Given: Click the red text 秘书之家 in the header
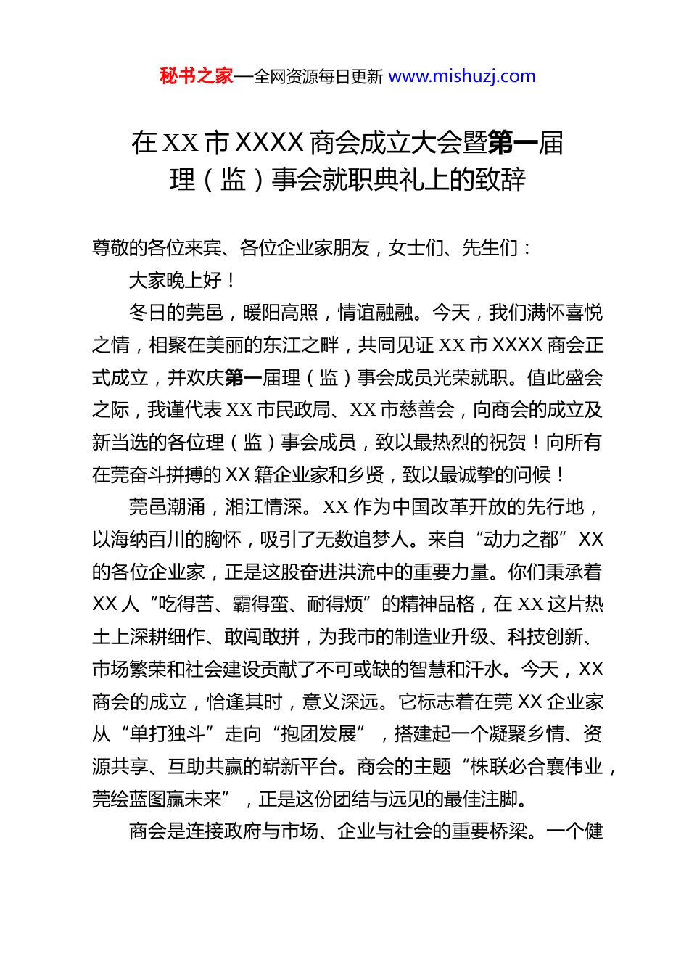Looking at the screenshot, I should coord(197,76).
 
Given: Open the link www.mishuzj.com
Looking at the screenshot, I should coord(462,76).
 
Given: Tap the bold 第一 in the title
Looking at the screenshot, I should coord(513,143).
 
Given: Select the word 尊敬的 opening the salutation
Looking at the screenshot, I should coord(120,248).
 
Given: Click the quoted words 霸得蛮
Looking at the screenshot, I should coord(260,604).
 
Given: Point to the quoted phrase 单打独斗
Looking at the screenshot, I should coord(167,734).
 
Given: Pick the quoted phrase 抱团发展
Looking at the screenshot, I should coord(318,734).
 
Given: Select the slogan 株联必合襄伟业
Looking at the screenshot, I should coord(537,767).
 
